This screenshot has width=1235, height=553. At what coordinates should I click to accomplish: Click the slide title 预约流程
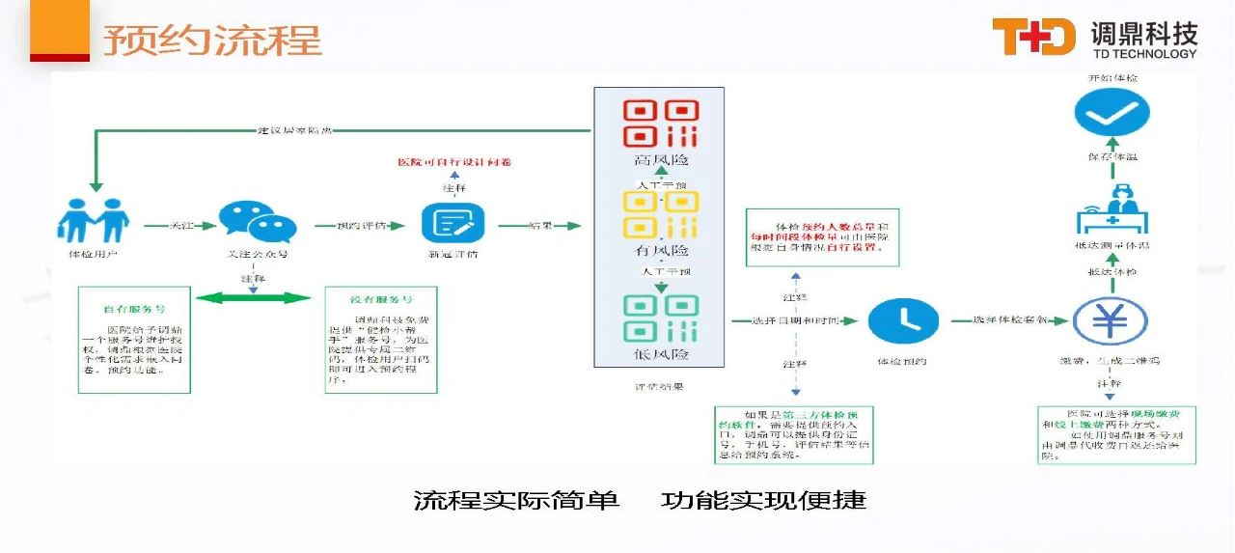pyautogui.click(x=212, y=41)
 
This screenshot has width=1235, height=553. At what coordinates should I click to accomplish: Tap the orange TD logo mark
pyautogui.click(x=1033, y=37)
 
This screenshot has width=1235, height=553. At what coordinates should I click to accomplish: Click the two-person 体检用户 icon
pyautogui.click(x=92, y=221)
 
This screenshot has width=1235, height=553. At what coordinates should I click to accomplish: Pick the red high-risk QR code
pyautogui.click(x=660, y=124)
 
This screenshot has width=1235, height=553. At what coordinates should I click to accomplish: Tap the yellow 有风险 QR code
pyautogui.click(x=660, y=215)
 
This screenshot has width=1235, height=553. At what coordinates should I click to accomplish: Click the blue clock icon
pyautogui.click(x=903, y=320)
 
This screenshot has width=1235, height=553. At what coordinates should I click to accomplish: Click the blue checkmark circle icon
pyautogui.click(x=1105, y=115)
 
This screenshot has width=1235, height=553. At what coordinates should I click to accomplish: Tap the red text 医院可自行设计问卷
pyautogui.click(x=454, y=161)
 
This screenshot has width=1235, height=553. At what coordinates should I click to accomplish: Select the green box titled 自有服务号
pyautogui.click(x=134, y=340)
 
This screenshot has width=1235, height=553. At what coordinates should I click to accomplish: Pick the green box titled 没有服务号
pyautogui.click(x=381, y=340)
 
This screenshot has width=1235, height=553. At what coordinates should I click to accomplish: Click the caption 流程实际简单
pyautogui.click(x=516, y=500)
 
